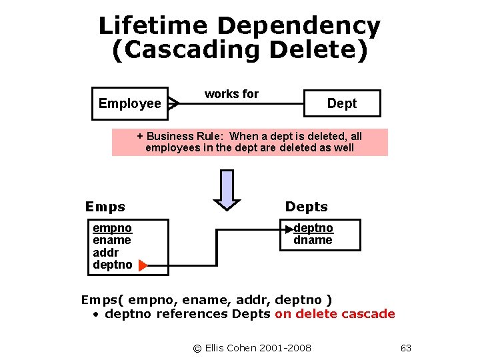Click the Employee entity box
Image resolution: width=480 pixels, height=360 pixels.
(129, 103)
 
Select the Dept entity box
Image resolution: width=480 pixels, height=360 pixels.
(341, 103)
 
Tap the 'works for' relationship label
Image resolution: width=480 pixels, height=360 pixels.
(231, 94)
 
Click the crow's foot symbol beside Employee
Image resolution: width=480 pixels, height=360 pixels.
(173, 103)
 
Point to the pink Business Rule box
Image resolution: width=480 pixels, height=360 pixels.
(249, 142)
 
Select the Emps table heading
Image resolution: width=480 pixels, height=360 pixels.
(105, 207)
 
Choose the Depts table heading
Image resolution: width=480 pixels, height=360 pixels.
(306, 207)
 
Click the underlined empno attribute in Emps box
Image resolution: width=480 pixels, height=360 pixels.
(112, 229)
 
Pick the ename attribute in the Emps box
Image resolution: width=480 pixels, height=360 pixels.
(112, 240)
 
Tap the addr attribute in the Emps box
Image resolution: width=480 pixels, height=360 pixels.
(105, 253)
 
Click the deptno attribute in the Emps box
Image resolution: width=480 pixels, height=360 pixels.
(113, 265)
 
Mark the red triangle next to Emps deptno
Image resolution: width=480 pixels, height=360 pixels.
(142, 266)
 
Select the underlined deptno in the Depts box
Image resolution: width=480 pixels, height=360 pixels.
(313, 228)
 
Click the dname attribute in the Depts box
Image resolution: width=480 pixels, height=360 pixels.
(313, 240)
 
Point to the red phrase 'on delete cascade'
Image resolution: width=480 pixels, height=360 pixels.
(335, 313)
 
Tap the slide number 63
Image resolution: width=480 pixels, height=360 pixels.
(406, 348)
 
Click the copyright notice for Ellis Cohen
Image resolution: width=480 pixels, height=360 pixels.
(252, 348)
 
